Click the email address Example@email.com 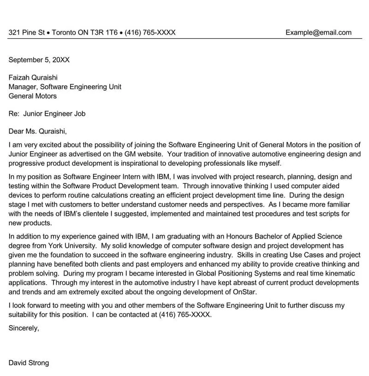coord(318,32)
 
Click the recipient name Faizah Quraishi coord(33,78)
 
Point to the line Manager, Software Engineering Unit coord(65,87)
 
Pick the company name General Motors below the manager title coord(33,96)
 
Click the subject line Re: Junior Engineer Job coord(47,113)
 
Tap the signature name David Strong coord(29,363)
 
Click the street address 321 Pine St coord(27,32)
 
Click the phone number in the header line coord(150,32)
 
